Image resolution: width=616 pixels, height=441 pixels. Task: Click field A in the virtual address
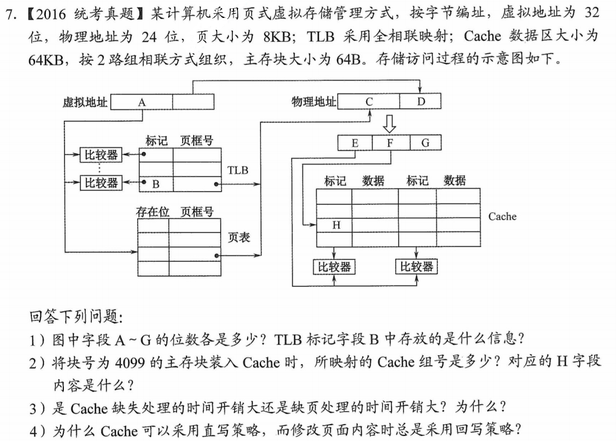coord(142,102)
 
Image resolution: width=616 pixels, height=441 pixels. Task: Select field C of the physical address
coord(368,101)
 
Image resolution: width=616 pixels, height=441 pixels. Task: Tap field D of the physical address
coord(421,101)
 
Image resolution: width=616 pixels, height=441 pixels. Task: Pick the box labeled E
coord(355,143)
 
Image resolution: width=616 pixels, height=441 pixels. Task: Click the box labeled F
coord(390,143)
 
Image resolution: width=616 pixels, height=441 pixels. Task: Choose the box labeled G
coord(425,143)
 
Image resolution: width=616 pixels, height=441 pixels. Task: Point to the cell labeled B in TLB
coord(156,183)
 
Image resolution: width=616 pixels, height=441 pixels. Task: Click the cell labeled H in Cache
coord(336,225)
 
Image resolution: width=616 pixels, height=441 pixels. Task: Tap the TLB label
coord(237,170)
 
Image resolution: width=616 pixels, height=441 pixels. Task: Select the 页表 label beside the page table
coord(239,238)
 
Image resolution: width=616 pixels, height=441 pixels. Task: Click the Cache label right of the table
coord(502,216)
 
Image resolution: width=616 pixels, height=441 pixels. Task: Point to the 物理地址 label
coord(314,101)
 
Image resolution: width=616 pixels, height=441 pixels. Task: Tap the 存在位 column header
coord(153,212)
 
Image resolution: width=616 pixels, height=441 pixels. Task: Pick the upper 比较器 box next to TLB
coord(101,155)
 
